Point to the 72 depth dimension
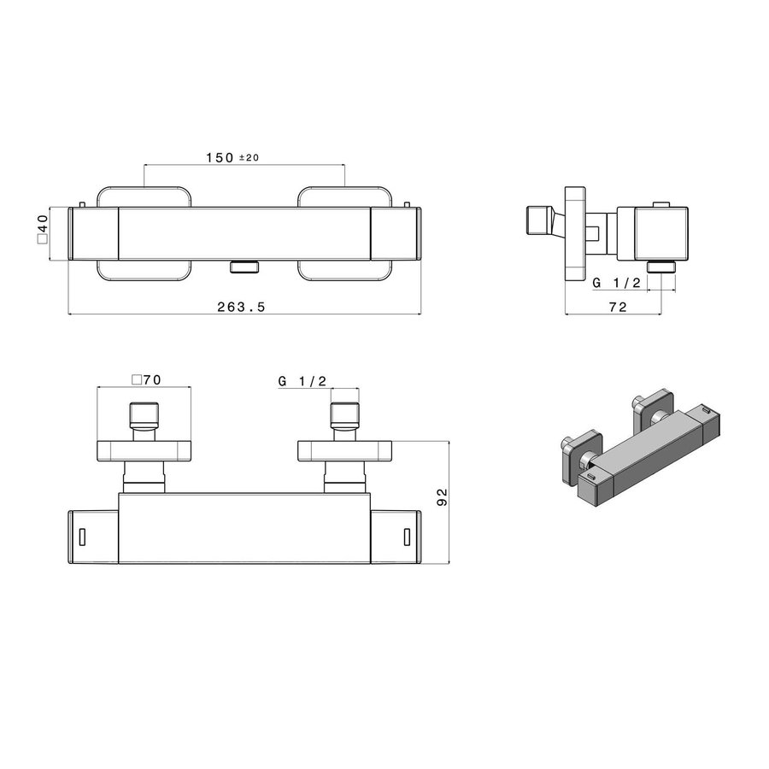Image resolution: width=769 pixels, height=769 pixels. [618, 307]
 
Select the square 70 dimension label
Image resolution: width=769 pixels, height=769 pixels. [146, 381]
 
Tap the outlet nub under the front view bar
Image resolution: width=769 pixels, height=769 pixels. [245, 267]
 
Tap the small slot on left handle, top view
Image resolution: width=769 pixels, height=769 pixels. [83, 536]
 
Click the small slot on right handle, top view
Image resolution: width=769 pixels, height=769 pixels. [407, 536]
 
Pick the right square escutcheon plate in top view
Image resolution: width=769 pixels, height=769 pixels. [345, 450]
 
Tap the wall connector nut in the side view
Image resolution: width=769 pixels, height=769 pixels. [539, 222]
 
